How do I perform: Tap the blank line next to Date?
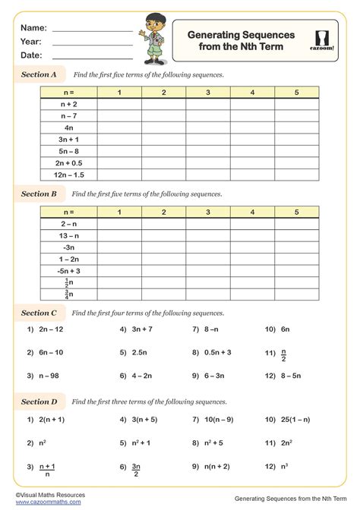pos(92,58)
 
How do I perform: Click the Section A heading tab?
pos(39,75)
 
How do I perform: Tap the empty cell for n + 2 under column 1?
pos(119,105)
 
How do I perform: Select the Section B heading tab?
pos(39,194)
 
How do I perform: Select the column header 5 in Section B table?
pos(296,212)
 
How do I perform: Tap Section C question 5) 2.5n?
pos(136,353)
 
